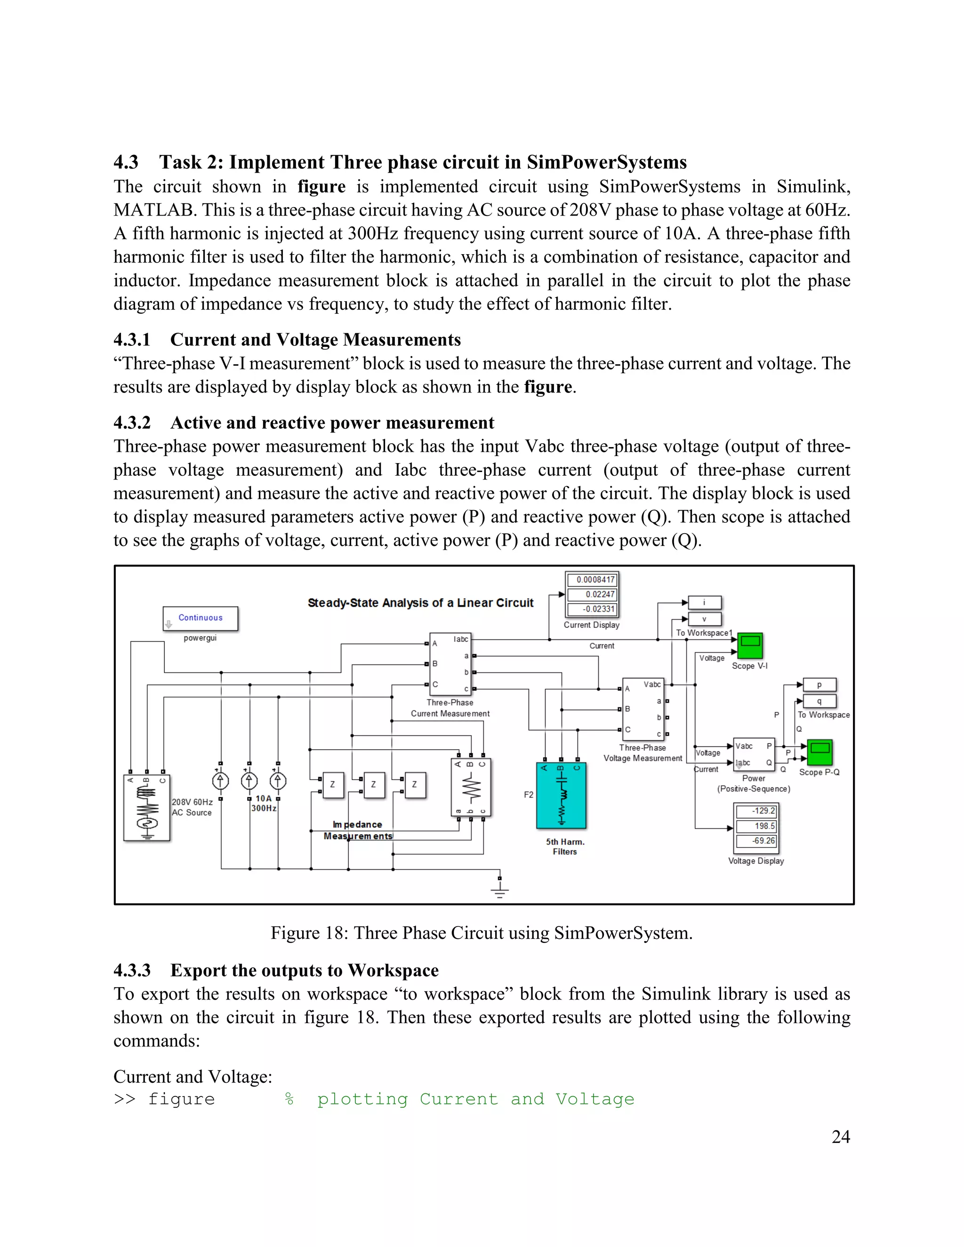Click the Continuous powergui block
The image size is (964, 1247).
[x=201, y=618]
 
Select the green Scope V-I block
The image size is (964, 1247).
[x=750, y=646]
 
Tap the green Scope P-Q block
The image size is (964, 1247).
[x=819, y=752]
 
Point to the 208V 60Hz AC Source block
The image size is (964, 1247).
[x=147, y=808]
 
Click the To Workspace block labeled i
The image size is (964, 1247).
[x=705, y=602]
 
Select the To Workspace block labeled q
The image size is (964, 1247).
[x=819, y=701]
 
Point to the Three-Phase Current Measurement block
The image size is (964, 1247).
[x=450, y=664]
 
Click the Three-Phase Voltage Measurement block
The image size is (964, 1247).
[x=643, y=709]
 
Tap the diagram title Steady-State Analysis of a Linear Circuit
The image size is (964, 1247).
[x=420, y=603]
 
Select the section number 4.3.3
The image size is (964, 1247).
[x=132, y=970]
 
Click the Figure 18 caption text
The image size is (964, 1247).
[x=482, y=933]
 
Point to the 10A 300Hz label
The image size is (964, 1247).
[x=264, y=803]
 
